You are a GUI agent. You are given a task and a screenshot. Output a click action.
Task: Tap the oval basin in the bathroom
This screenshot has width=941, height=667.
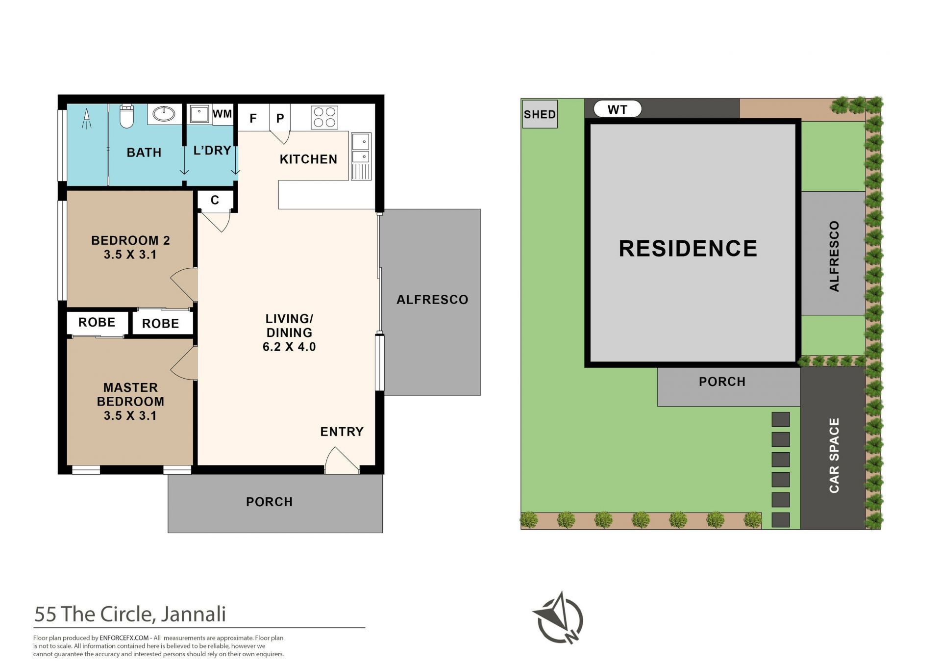coord(164,114)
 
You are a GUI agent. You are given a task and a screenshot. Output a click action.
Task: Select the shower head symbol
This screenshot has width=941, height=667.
coord(87,118)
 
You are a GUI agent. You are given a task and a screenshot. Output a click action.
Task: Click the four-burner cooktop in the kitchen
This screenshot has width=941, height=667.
coord(324,118)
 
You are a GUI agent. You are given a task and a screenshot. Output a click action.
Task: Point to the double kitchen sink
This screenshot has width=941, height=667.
coord(361,156)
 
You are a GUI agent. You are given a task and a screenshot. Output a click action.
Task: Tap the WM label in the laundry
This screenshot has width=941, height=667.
coord(222,114)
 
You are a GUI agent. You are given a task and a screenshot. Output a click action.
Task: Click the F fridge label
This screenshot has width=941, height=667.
coord(253,118)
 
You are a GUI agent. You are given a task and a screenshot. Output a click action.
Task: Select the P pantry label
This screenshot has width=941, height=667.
coord(280,118)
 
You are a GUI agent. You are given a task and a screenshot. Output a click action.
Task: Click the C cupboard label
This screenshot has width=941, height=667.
coord(215,200)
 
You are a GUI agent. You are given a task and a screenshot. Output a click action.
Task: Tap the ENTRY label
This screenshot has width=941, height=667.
coord(342,432)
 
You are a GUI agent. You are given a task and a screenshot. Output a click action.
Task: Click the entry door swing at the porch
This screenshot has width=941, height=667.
coord(342,460)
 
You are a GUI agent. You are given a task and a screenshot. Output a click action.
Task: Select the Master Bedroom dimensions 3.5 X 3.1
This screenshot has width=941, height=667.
coord(130,415)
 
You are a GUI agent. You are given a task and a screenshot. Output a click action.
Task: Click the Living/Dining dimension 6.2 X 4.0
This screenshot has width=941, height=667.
coord(289,347)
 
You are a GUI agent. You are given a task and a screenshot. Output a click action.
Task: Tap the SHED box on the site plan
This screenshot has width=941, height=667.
coord(540,114)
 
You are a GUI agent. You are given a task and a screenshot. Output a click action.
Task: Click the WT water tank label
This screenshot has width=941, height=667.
coord(618,109)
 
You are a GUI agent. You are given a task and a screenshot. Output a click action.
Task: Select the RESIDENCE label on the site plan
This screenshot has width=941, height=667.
coord(688,248)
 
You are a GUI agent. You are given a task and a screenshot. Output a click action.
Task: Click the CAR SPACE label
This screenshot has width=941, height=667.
coord(834,455)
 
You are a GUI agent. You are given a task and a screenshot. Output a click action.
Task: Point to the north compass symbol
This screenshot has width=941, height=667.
coord(558,617)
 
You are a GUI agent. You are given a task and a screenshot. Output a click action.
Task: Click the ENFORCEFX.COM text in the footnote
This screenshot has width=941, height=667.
coord(124,638)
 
